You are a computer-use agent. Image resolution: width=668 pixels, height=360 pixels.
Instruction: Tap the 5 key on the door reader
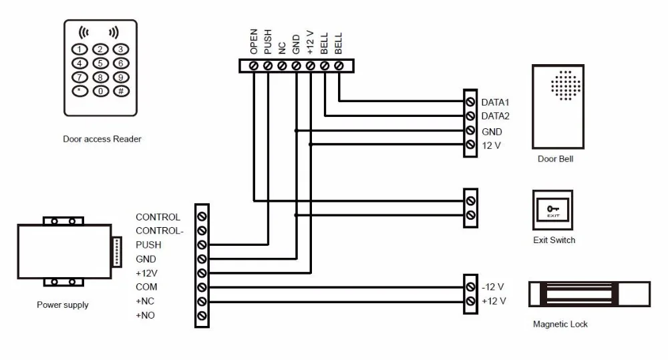click(x=101, y=63)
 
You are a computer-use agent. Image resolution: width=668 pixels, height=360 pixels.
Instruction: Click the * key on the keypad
click(x=79, y=91)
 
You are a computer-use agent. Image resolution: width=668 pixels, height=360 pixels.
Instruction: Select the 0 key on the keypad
click(x=101, y=91)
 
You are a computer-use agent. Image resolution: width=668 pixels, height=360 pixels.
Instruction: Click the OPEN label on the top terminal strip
click(x=254, y=42)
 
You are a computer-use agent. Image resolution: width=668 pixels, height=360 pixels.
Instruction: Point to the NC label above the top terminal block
click(x=282, y=48)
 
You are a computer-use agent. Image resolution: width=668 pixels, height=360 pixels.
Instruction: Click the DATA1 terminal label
click(x=496, y=102)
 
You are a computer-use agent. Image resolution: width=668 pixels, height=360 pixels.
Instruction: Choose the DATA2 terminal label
click(x=496, y=116)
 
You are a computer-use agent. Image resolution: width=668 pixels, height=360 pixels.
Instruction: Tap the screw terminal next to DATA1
click(x=470, y=102)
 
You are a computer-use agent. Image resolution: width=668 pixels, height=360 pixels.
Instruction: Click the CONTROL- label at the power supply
click(x=160, y=231)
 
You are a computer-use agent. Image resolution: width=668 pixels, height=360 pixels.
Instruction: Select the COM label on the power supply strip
click(x=146, y=287)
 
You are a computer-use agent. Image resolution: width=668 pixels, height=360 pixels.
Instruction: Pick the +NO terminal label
click(x=145, y=315)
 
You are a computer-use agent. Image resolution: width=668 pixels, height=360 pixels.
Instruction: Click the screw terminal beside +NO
click(x=202, y=316)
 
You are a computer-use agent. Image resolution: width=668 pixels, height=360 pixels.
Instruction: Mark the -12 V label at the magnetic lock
click(x=493, y=287)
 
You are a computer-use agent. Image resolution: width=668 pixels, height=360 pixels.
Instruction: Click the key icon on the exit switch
click(x=553, y=209)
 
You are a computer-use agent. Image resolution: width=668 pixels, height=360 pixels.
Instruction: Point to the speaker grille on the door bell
click(x=566, y=85)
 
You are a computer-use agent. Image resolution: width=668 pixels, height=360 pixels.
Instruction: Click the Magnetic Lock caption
click(x=560, y=324)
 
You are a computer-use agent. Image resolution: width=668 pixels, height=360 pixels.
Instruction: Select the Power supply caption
click(x=63, y=305)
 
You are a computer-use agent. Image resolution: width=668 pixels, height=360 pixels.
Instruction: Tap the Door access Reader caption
click(x=102, y=139)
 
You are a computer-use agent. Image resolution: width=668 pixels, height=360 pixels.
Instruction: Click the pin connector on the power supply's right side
click(x=117, y=252)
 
